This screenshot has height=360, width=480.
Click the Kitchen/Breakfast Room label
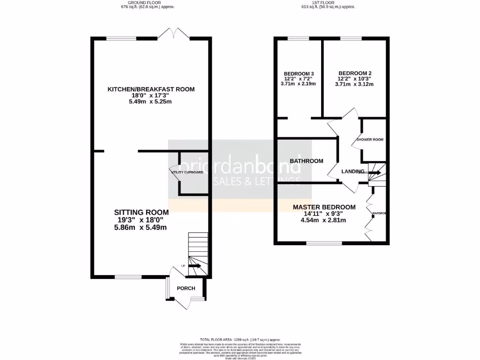point(151,89)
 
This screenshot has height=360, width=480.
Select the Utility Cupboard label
point(187,172)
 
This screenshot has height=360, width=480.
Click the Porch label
point(186,288)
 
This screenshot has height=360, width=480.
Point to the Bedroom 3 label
point(299,74)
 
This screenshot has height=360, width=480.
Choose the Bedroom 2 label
point(355,73)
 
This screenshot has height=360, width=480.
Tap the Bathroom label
point(306,161)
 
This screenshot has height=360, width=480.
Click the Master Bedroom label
point(324,207)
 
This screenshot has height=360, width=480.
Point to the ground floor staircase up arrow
point(195,266)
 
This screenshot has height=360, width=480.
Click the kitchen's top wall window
point(121,38)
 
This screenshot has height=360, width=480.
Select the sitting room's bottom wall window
point(128,277)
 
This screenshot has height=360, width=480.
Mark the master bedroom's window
point(324,243)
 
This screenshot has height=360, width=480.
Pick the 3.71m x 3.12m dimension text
point(355,84)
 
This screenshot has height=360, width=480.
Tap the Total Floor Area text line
point(240,339)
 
